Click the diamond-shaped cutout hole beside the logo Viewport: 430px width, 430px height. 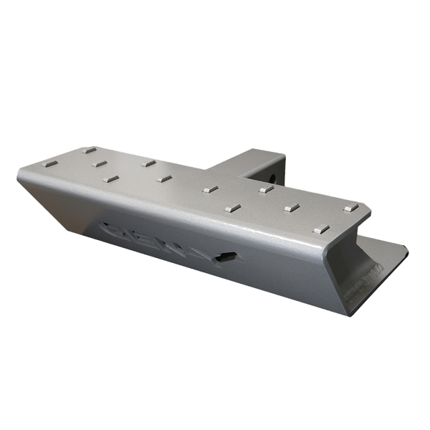click(x=228, y=257)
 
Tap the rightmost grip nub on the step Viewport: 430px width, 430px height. click(x=349, y=209)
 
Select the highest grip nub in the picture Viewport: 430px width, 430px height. click(x=89, y=150)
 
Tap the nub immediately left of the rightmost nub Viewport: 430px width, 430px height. click(x=291, y=209)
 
